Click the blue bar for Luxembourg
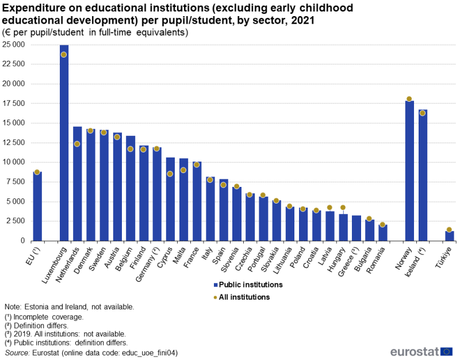pyautogui.click(x=64, y=144)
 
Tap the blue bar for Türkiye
pyautogui.click(x=450, y=236)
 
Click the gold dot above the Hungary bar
pyautogui.click(x=343, y=208)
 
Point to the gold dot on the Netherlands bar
pyautogui.click(x=77, y=144)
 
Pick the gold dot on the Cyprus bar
pyautogui.click(x=170, y=174)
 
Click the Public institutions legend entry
pyautogui.click(x=248, y=285)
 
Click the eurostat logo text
pyautogui.click(x=414, y=351)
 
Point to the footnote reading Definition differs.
pyautogui.click(x=40, y=325)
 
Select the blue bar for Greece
pyautogui.click(x=356, y=228)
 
